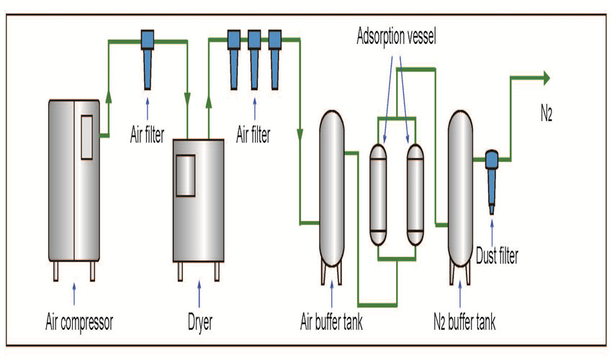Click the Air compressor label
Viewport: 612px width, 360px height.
click(79, 322)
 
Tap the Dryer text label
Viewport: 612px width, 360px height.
click(200, 323)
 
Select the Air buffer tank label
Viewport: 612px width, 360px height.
click(331, 322)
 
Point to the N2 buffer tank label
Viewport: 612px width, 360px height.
click(464, 322)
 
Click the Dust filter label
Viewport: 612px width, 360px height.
click(497, 256)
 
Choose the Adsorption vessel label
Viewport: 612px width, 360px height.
click(396, 37)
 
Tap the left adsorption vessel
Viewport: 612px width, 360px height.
click(378, 194)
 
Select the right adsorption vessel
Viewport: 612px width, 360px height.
click(415, 194)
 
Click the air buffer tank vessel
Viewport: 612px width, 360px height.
click(332, 188)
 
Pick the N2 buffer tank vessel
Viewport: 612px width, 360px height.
click(460, 188)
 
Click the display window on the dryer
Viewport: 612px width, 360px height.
click(185, 176)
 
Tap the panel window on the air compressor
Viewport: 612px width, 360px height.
click(86, 137)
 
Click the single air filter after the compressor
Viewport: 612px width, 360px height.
click(148, 59)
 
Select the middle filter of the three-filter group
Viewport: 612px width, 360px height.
click(254, 59)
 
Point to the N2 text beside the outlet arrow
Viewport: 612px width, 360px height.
click(546, 114)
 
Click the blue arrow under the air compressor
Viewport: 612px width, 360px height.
click(74, 294)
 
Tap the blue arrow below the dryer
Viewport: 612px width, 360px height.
click(199, 294)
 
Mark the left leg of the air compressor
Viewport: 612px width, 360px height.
click(56, 271)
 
